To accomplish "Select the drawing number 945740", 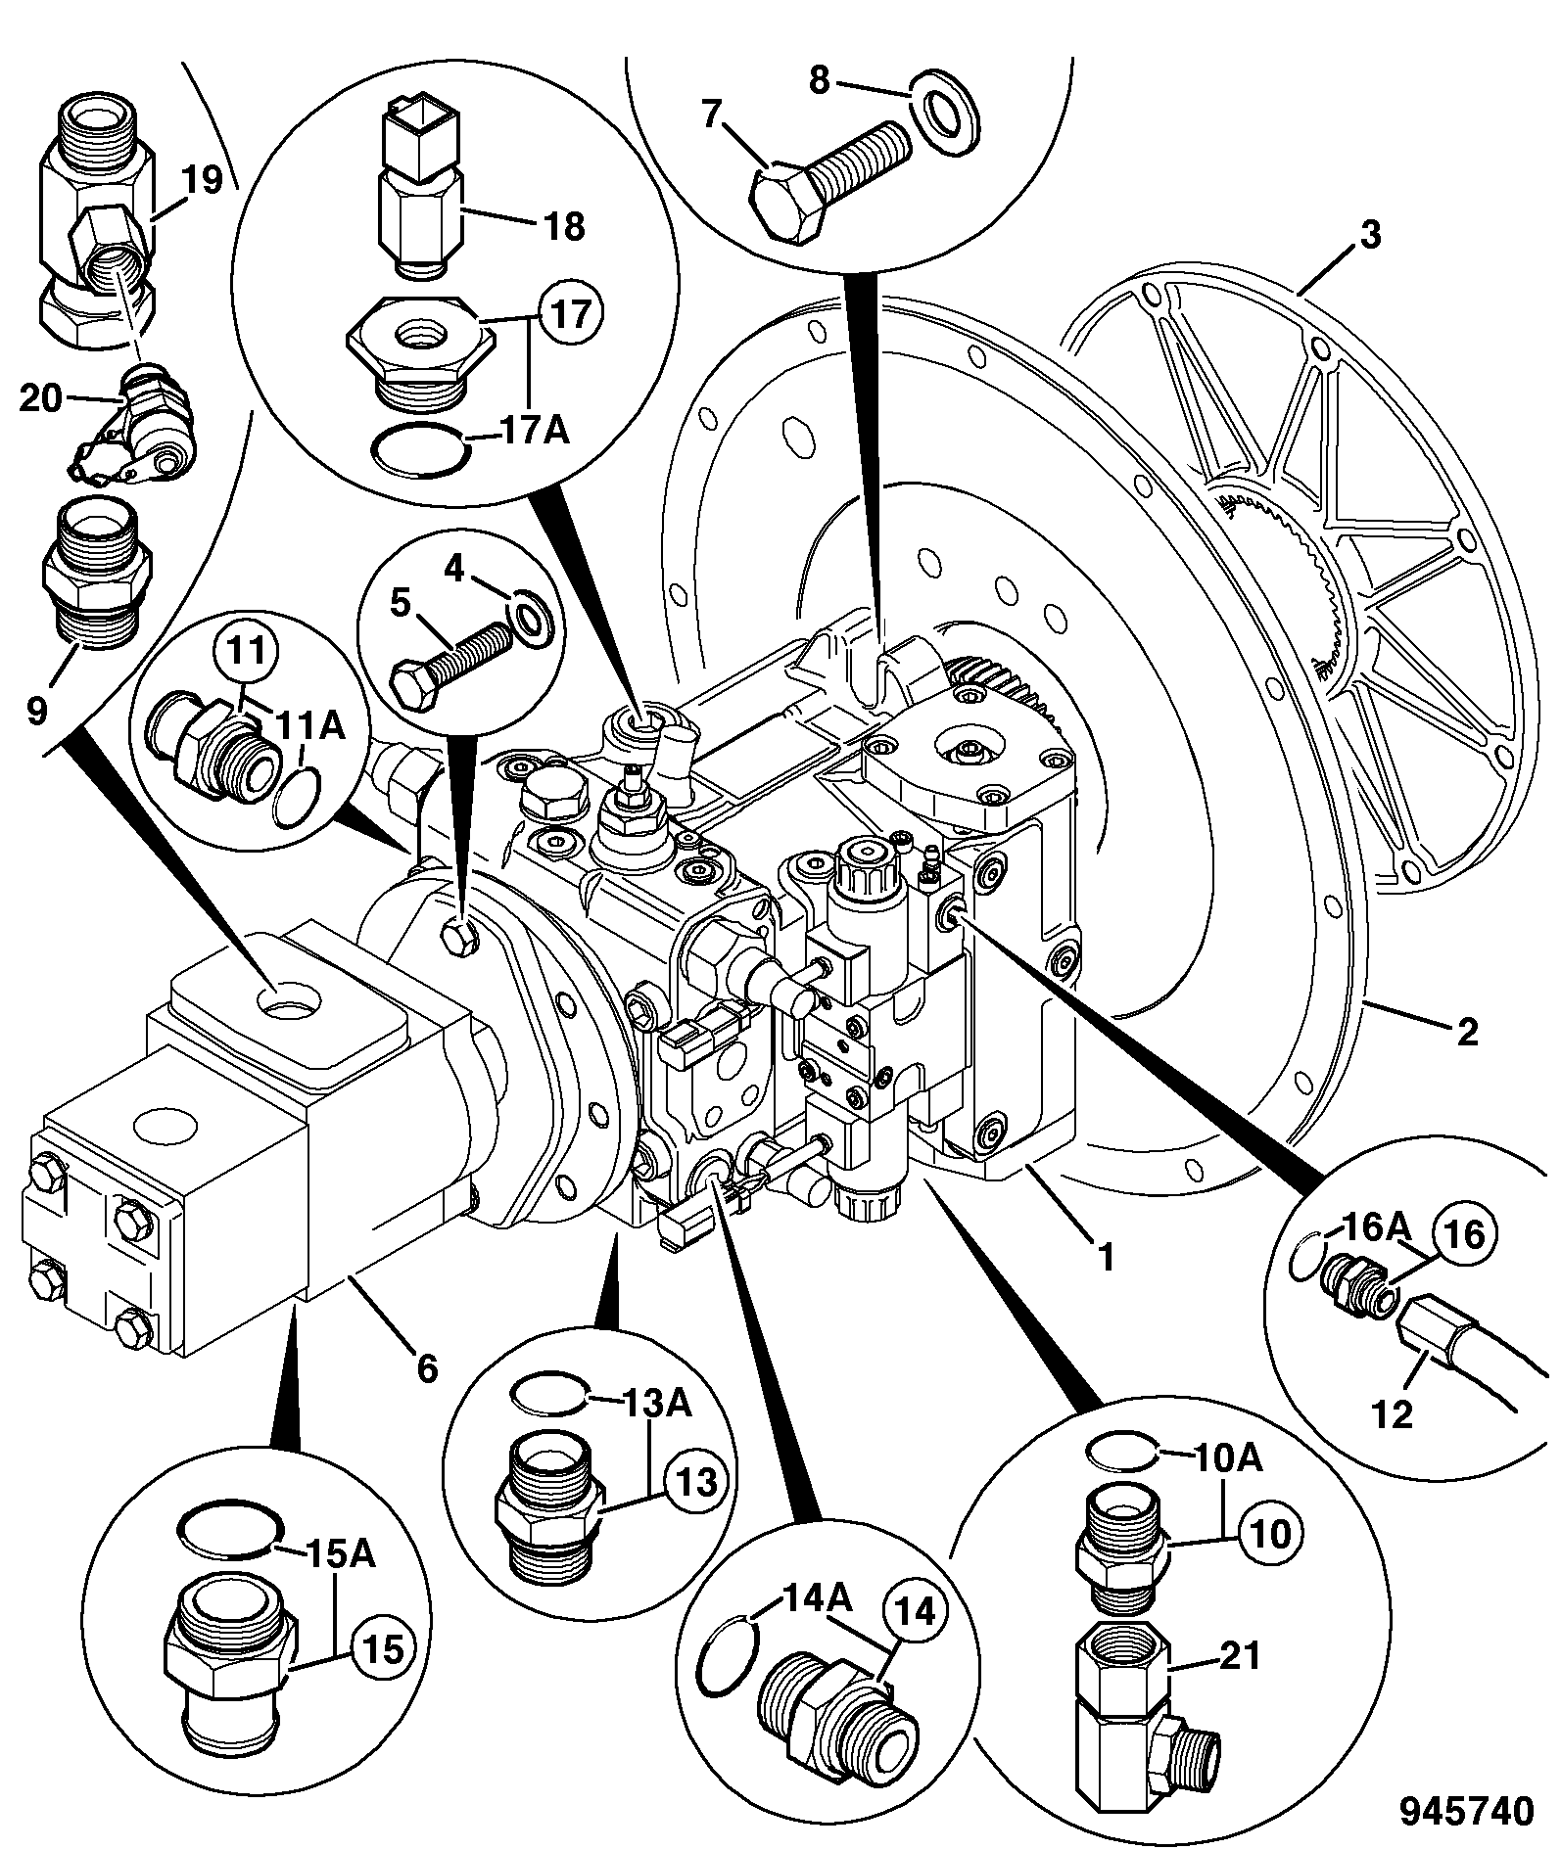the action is (x=1467, y=1810).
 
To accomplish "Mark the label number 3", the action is (x=1369, y=235).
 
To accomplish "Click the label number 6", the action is (x=427, y=1368).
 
